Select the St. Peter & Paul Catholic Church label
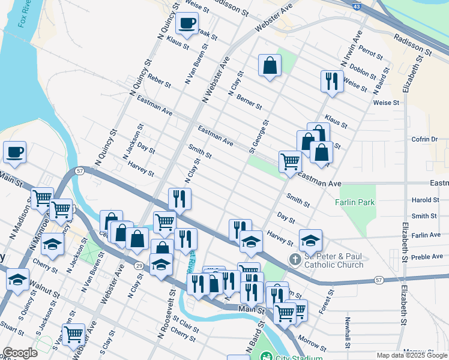(x=333, y=260)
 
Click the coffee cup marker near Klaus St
(x=186, y=25)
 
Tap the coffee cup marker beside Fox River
(x=14, y=152)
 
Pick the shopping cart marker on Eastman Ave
(x=290, y=161)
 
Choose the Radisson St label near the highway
(x=413, y=44)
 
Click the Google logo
(x=19, y=353)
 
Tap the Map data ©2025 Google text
(x=411, y=355)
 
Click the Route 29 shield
(x=139, y=265)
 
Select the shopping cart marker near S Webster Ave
(x=73, y=333)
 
